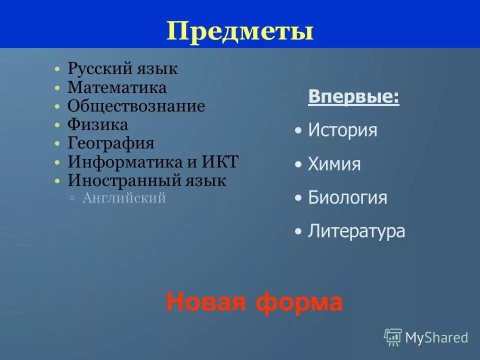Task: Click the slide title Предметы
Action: [x=240, y=31]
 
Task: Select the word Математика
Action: [x=117, y=88]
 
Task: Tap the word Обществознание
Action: [x=136, y=106]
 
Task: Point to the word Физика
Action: [x=98, y=125]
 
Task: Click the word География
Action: [x=111, y=143]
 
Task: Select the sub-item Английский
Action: [x=123, y=198]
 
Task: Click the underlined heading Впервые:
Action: [x=353, y=96]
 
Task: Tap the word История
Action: [x=342, y=131]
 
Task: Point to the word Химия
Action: [x=334, y=164]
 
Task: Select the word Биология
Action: [x=347, y=197]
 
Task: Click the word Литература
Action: [x=356, y=231]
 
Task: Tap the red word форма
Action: [x=299, y=302]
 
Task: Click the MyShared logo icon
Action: [x=393, y=337]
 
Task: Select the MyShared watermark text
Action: [x=436, y=338]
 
